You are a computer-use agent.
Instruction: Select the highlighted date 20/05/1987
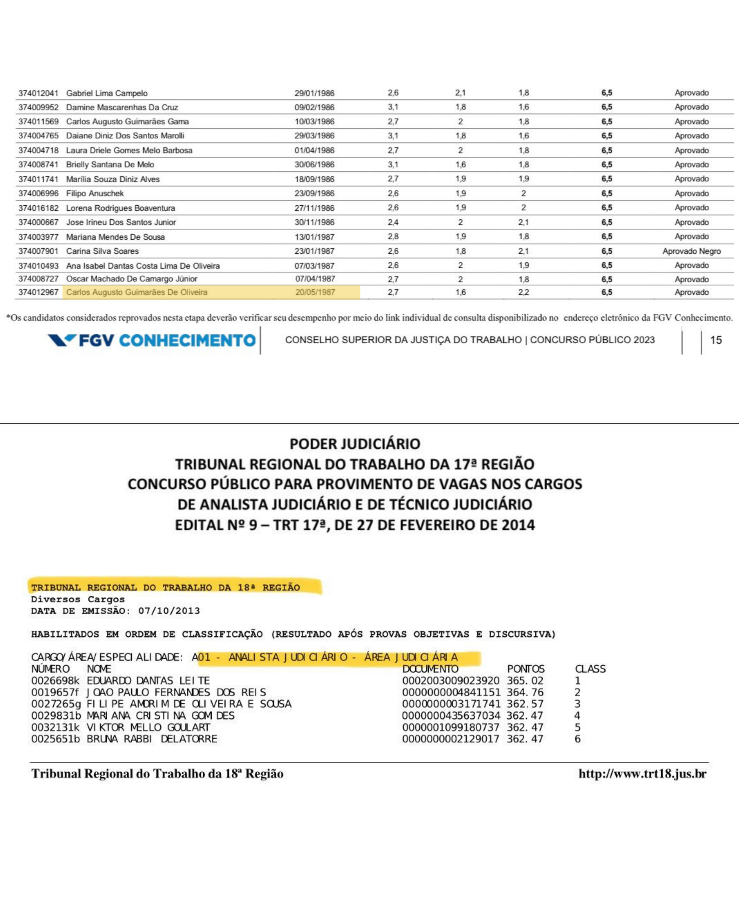pos(315,292)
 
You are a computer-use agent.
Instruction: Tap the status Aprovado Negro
pos(692,251)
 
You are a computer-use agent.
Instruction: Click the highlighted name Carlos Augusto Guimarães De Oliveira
pos(137,292)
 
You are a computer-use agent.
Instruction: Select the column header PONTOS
pos(526,669)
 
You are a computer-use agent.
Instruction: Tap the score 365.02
pos(525,681)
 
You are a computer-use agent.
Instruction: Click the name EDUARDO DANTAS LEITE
pos(148,681)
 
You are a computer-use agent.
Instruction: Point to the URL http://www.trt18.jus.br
pos(642,774)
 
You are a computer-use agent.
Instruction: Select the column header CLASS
pos(590,669)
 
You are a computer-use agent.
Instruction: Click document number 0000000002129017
pos(451,739)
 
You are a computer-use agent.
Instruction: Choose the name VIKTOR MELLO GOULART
pos(148,727)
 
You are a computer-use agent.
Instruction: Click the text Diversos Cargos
pos(78,599)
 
